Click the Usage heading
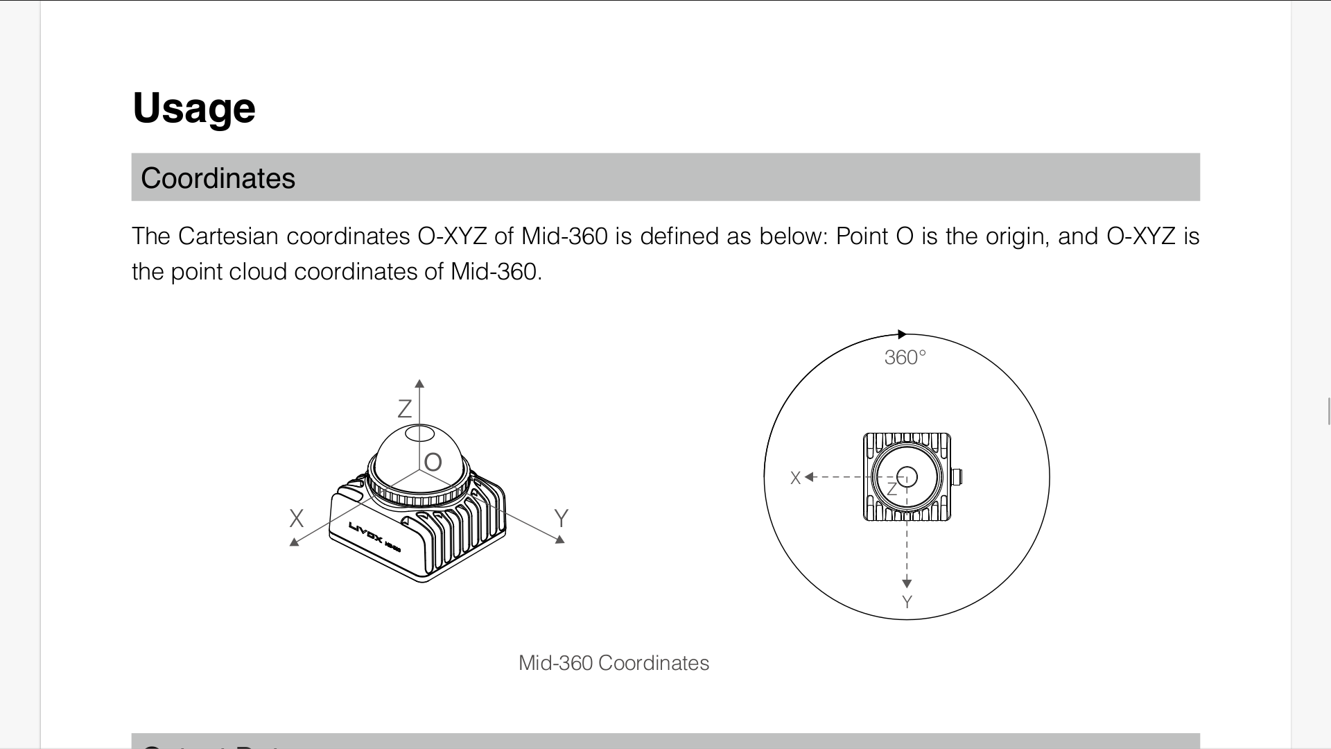point(194,108)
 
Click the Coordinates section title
point(218,178)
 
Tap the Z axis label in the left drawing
point(404,409)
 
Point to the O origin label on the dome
point(433,463)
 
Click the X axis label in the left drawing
point(296,519)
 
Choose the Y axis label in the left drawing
point(562,519)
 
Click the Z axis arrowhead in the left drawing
point(419,384)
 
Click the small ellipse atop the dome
point(419,434)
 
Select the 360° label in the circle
point(905,358)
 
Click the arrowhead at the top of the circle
point(902,334)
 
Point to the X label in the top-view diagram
point(795,478)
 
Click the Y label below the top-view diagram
point(907,602)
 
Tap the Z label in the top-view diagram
point(892,490)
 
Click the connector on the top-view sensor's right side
point(957,477)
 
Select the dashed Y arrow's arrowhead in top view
point(907,584)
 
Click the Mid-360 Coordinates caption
point(614,663)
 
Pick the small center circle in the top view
point(907,476)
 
